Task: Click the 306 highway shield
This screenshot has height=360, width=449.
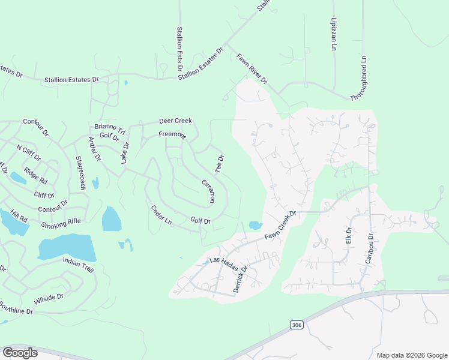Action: point(296,325)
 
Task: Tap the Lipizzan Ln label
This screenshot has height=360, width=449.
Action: point(334,34)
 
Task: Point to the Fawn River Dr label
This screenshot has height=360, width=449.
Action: point(252,68)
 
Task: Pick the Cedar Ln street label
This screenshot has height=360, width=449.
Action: point(161,215)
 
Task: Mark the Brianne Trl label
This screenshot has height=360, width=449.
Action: point(110,128)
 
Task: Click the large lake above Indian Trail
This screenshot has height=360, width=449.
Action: point(66,247)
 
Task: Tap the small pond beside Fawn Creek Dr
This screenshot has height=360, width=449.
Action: point(256,225)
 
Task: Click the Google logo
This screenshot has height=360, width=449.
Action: point(20,353)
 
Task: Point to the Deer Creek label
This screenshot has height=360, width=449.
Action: point(175,121)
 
